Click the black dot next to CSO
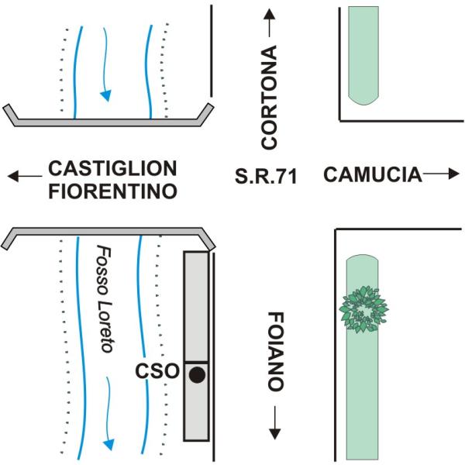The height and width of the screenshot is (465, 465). [197, 375]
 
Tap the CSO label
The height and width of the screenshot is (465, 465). [157, 371]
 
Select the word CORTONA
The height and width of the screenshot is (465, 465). [269, 97]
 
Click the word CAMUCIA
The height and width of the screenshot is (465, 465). [373, 174]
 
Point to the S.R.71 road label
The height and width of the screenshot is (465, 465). [266, 176]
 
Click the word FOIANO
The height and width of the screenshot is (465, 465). [276, 352]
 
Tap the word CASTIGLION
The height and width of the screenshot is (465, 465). [112, 168]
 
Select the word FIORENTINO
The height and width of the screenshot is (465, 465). [112, 191]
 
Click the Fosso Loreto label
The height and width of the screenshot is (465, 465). [105, 298]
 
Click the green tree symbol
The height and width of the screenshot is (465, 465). [364, 309]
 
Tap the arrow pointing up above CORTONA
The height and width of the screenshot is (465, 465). [269, 23]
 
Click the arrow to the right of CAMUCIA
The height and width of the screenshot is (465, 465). [441, 174]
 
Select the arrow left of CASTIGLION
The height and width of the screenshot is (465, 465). [25, 176]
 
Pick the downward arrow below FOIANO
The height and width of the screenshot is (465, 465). [275, 422]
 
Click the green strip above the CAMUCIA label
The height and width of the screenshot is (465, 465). [363, 56]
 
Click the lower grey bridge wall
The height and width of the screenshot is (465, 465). [108, 231]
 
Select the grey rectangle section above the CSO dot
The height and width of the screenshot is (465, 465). [196, 307]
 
